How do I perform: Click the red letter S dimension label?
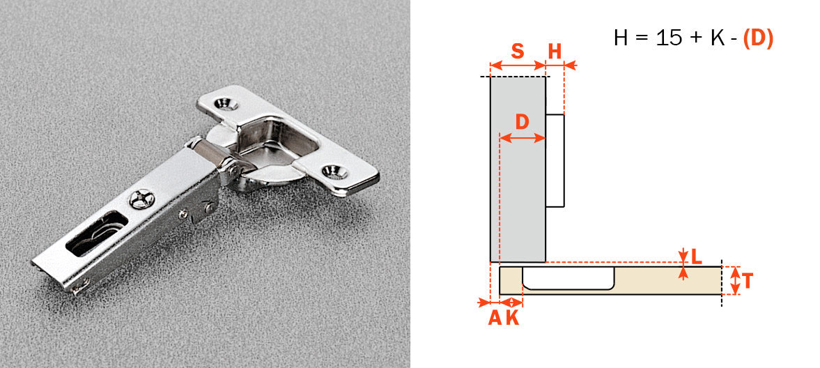517,51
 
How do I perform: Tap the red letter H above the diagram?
555,51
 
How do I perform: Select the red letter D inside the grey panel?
522,121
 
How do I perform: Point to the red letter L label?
696,256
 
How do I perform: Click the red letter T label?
748,281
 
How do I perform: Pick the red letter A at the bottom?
494,318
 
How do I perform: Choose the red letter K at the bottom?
512,318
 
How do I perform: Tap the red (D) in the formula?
758,38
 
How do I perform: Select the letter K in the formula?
717,38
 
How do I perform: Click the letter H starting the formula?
621,38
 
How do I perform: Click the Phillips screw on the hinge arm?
141,200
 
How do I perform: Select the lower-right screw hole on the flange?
334,170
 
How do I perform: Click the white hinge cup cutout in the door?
568,278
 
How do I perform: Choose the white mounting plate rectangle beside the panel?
555,161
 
